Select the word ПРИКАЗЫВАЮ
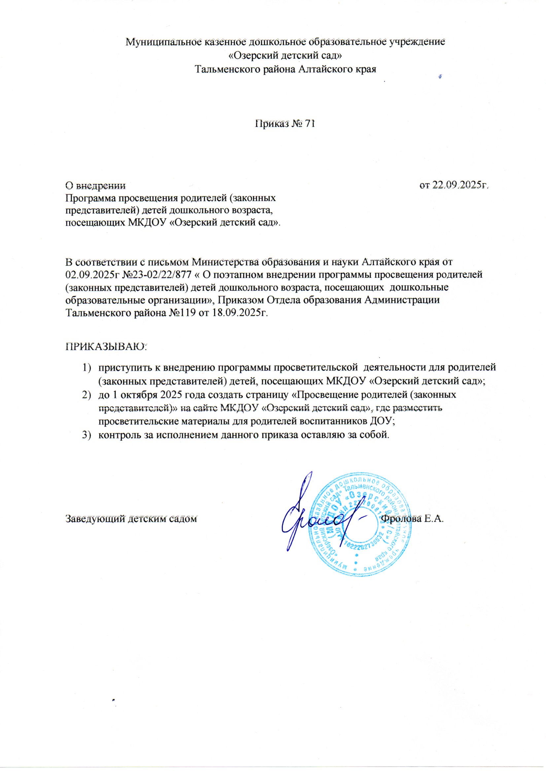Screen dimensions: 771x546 [x=106, y=346]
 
